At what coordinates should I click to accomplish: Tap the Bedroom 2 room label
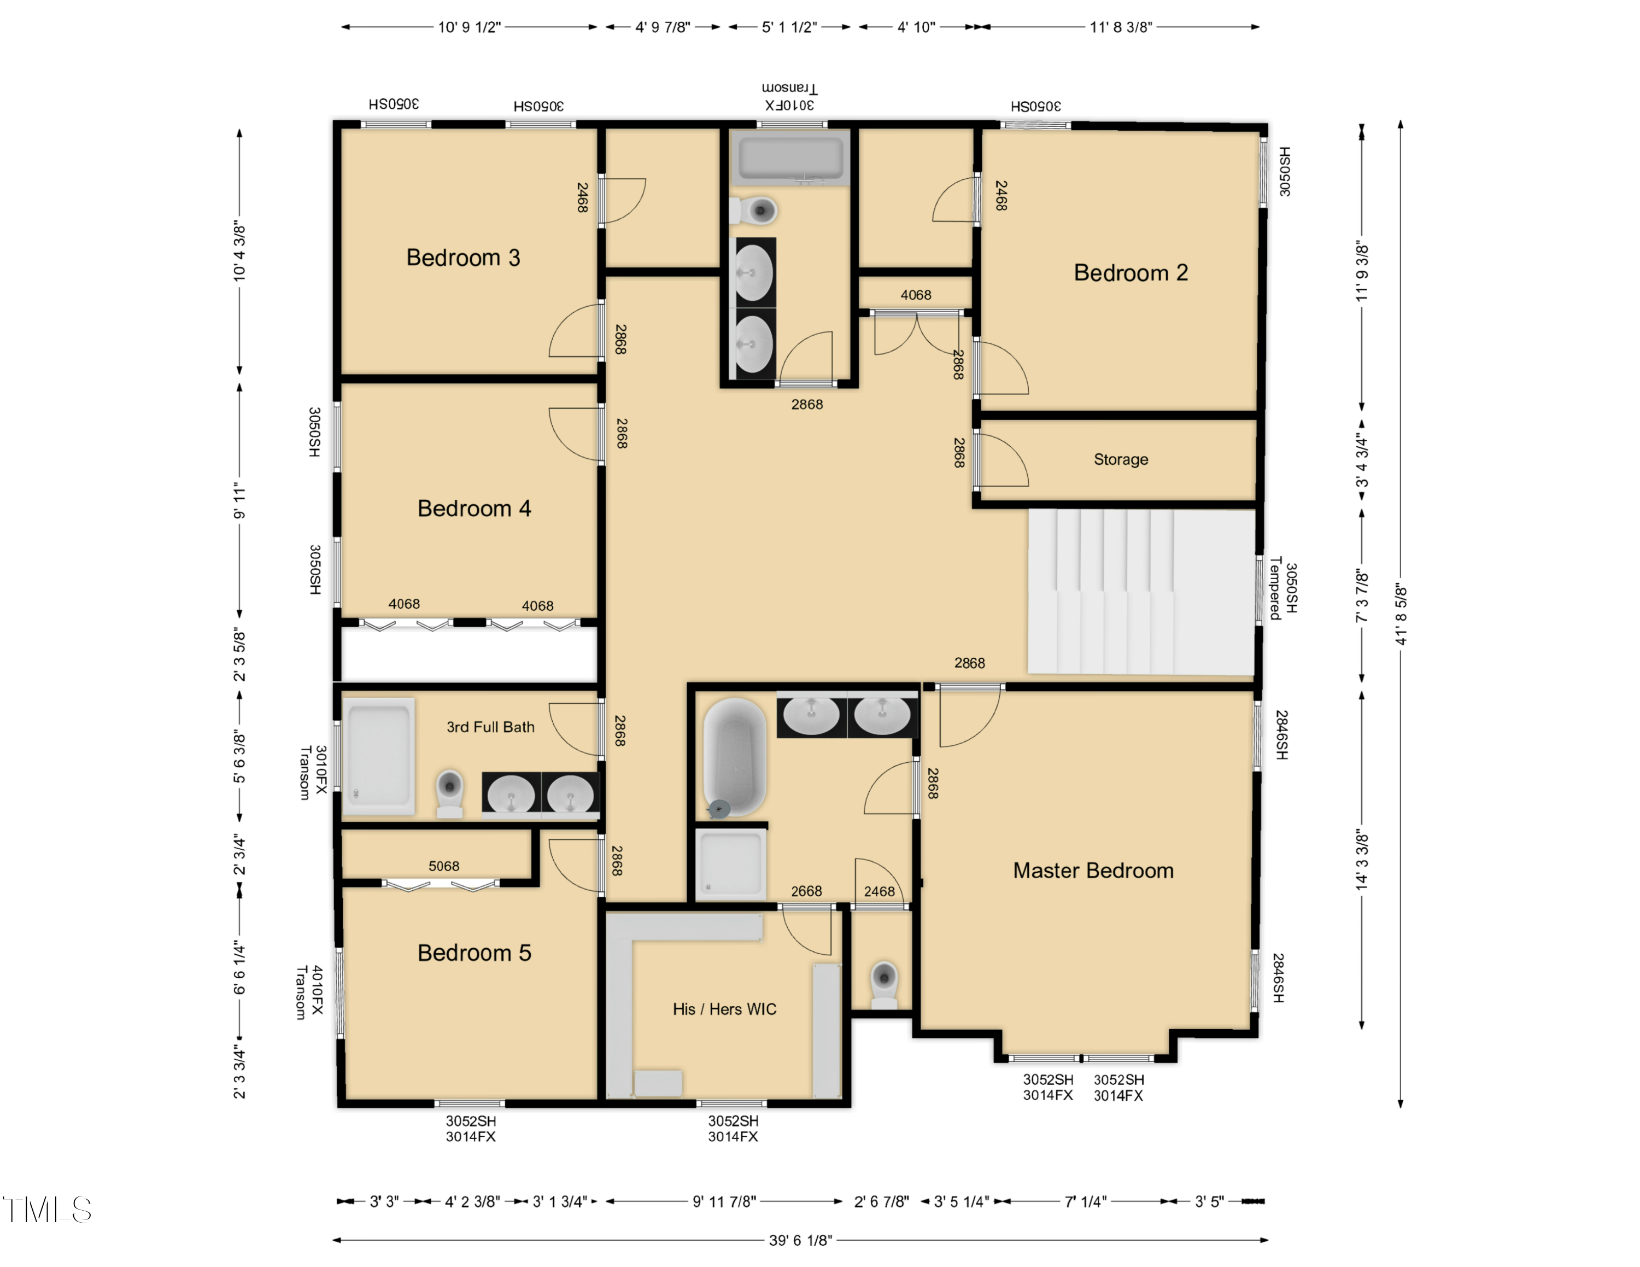point(1130,273)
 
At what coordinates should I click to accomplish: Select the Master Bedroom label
point(1093,871)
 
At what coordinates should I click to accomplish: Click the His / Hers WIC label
point(724,1009)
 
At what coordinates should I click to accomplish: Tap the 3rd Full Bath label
point(490,726)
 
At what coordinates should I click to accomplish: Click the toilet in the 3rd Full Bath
point(449,792)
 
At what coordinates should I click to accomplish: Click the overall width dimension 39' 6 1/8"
point(800,1240)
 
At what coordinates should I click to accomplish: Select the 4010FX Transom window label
point(309,991)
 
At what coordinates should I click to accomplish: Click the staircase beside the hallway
point(1140,592)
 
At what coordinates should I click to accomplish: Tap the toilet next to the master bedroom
point(884,983)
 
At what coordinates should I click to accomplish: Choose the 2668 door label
point(806,891)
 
